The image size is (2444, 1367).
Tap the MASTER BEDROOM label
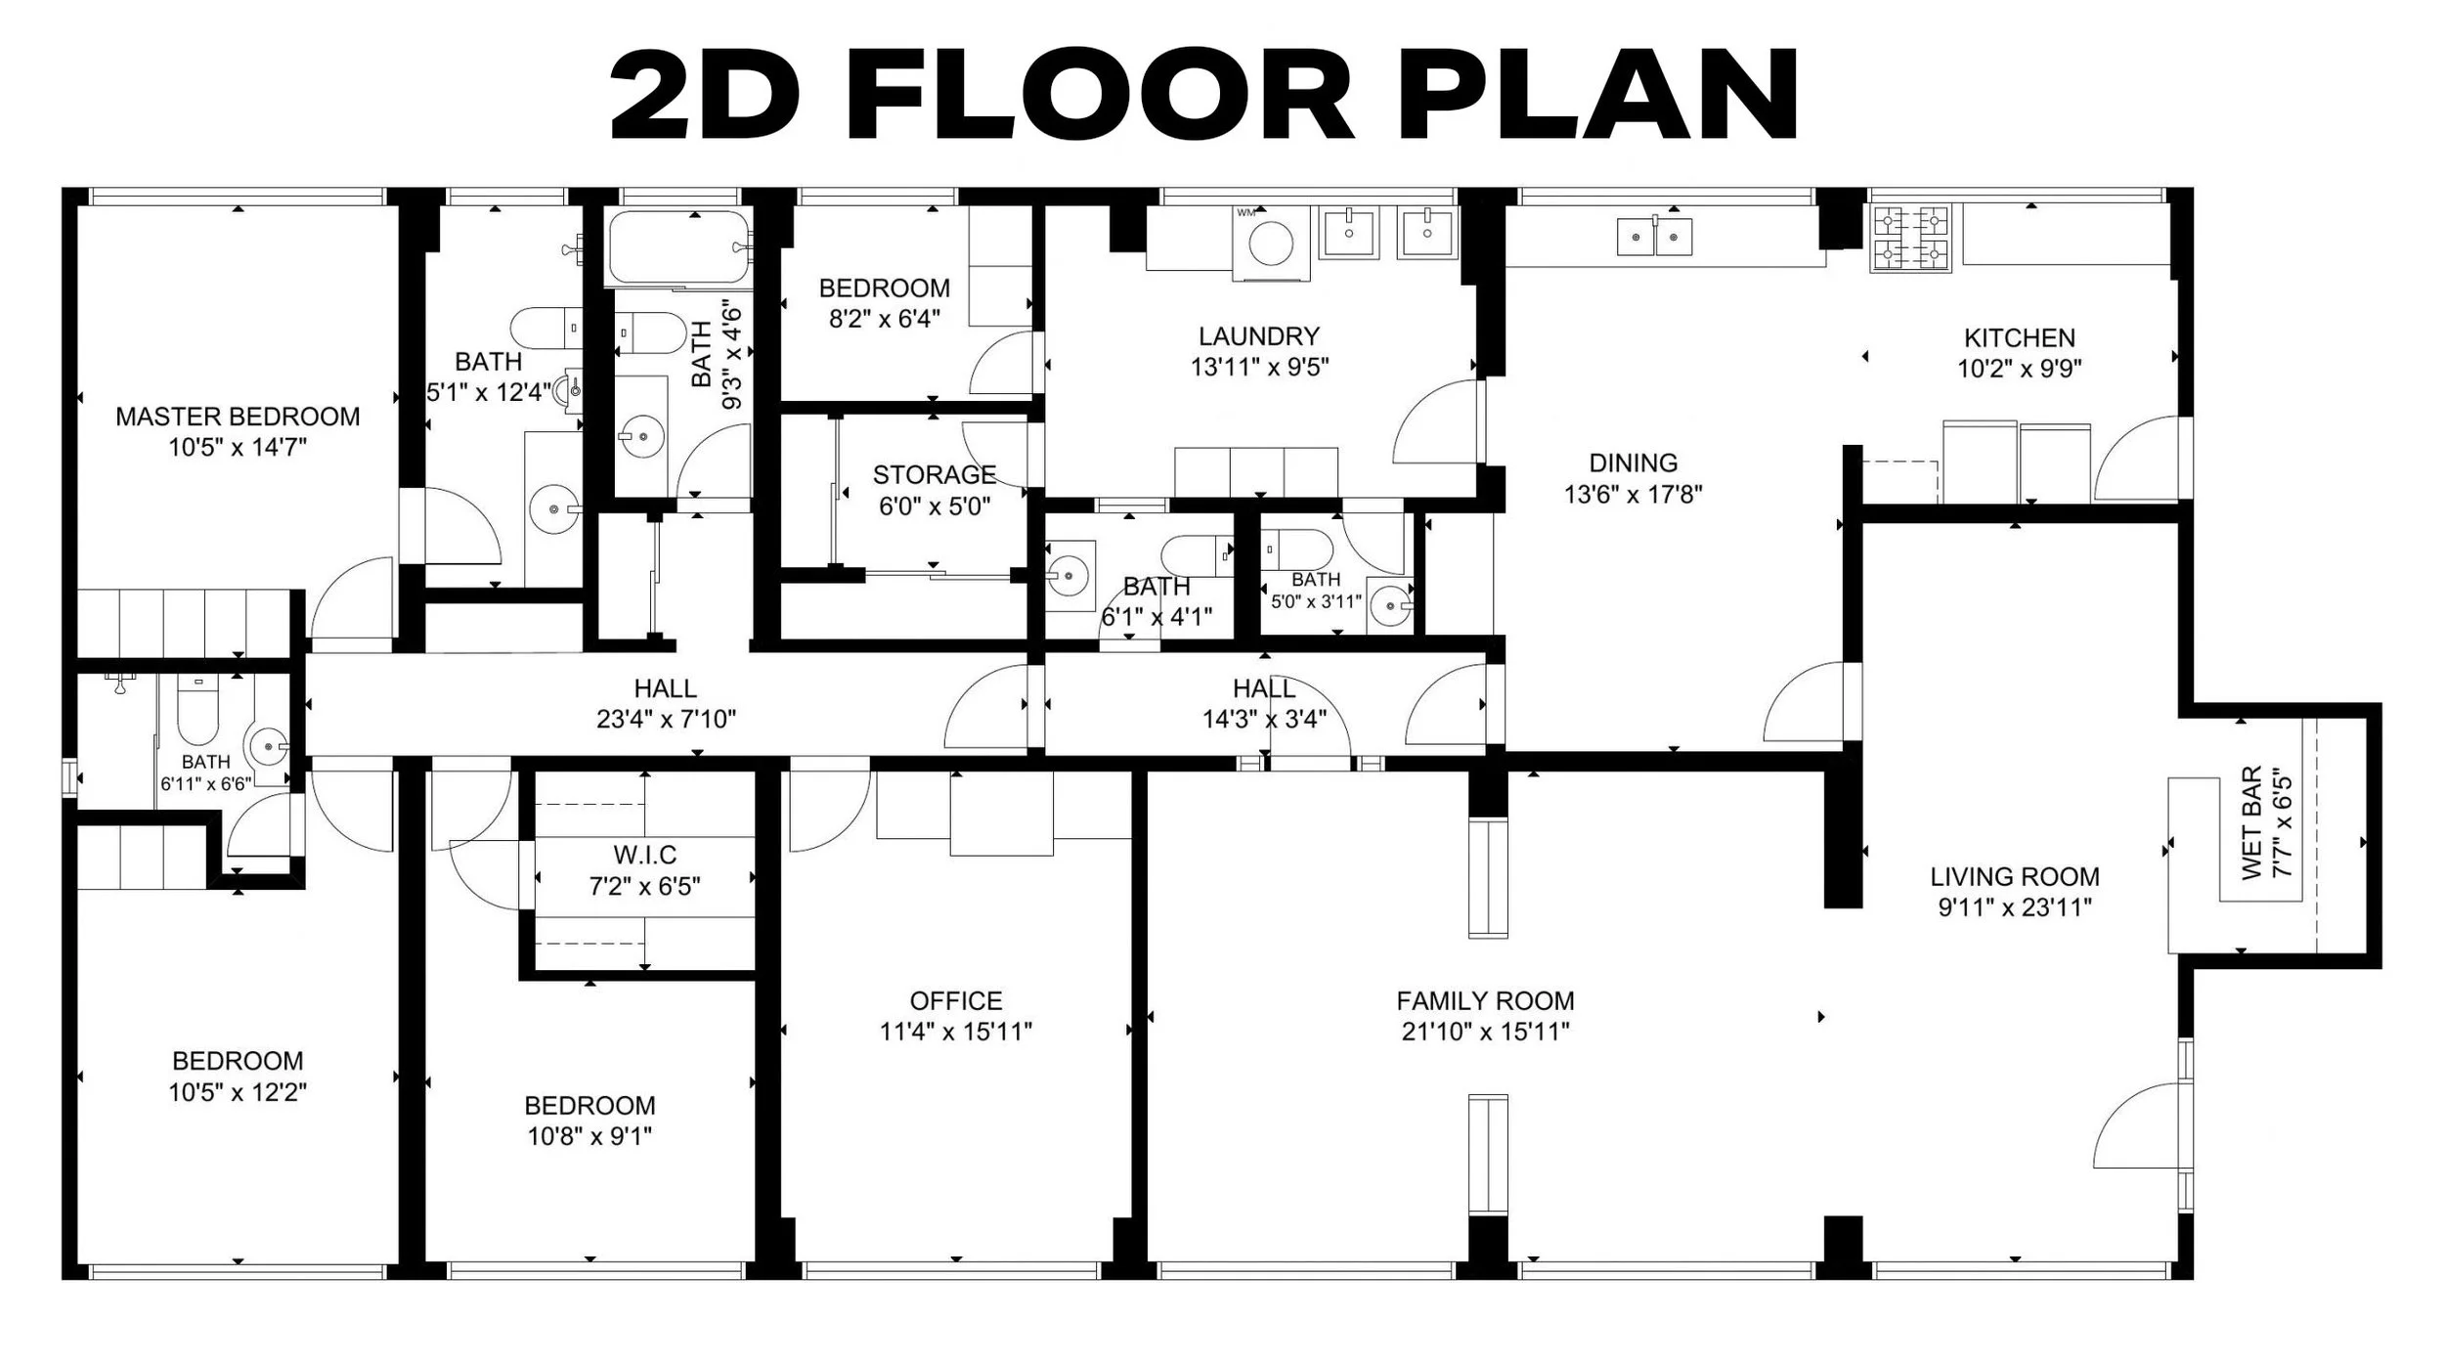point(238,417)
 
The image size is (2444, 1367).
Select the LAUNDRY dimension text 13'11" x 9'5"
point(1259,368)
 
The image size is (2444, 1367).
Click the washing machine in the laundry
point(1271,243)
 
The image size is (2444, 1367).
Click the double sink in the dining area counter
point(1654,237)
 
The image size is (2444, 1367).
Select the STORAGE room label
point(934,475)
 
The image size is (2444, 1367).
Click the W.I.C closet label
point(645,856)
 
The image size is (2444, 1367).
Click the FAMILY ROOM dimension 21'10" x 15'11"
point(1485,1032)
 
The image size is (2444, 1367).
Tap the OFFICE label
point(956,1001)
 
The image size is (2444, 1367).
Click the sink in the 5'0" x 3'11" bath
point(1389,606)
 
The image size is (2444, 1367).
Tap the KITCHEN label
point(2019,338)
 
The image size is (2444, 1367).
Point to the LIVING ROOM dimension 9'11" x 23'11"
point(2014,907)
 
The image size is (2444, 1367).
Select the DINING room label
point(1633,463)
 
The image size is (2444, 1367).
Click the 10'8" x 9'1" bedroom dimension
point(589,1136)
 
